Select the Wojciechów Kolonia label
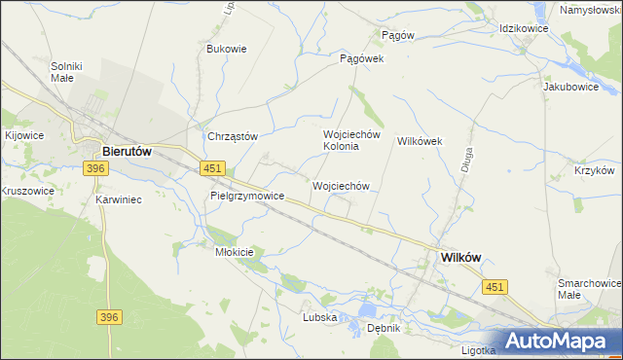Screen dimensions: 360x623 click(x=341, y=140)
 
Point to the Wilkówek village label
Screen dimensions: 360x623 click(x=420, y=141)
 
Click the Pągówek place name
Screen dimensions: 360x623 click(x=362, y=58)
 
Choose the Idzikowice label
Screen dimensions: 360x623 click(x=524, y=29)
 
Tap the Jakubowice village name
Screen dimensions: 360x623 click(x=570, y=86)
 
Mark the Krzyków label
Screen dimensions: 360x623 click(x=594, y=170)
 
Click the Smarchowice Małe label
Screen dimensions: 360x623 click(x=588, y=288)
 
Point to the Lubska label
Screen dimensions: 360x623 click(x=319, y=317)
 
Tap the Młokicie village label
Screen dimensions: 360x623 click(x=234, y=252)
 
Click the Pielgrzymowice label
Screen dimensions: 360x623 click(x=247, y=196)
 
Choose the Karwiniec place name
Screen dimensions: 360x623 click(x=120, y=199)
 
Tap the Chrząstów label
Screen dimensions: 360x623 click(x=232, y=136)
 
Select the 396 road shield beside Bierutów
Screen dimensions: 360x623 click(x=94, y=169)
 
